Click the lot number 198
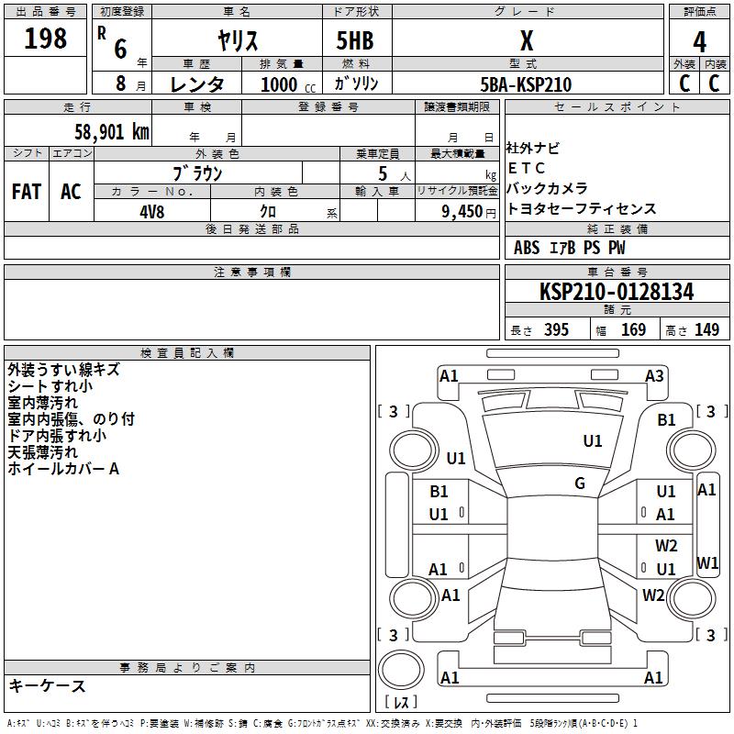(45, 38)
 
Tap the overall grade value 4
(699, 42)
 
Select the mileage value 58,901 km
(112, 132)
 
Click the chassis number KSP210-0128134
(617, 291)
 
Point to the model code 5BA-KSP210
(526, 84)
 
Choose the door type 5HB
(355, 40)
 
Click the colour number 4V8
(151, 212)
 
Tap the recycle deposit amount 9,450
(462, 212)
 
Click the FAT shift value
(27, 192)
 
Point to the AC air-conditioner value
(71, 192)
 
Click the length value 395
(556, 329)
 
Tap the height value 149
(706, 329)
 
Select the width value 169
(633, 329)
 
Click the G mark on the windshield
(580, 484)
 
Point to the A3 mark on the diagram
(654, 376)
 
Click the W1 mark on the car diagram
(706, 562)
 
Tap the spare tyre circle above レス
(401, 669)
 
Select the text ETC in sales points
(526, 168)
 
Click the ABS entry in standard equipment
(526, 248)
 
